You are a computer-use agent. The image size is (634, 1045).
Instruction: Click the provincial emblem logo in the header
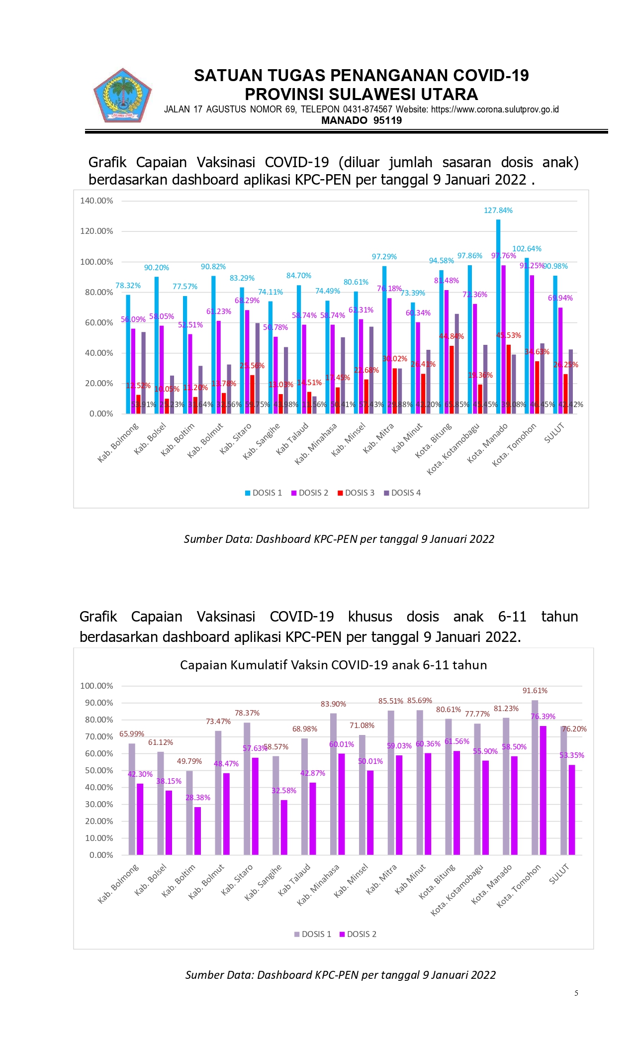point(122,96)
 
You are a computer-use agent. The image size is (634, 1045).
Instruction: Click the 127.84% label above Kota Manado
point(498,210)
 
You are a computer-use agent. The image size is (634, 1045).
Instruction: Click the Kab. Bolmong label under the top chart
point(118,442)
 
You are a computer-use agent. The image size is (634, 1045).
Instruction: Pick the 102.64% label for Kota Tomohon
point(527,249)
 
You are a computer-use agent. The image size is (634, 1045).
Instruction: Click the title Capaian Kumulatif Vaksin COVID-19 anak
point(333,665)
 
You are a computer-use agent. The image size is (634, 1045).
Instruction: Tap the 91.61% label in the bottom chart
point(535,691)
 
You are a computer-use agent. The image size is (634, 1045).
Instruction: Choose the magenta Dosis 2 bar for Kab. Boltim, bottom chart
point(198,831)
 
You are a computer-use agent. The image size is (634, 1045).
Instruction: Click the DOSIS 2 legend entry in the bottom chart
point(358,934)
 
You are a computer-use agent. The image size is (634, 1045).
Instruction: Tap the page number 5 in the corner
point(576,993)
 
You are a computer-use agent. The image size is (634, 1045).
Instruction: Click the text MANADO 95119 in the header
point(362,120)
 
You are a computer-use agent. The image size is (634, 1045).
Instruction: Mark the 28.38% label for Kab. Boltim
point(198,798)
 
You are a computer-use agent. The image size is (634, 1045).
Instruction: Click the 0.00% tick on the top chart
point(101,414)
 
